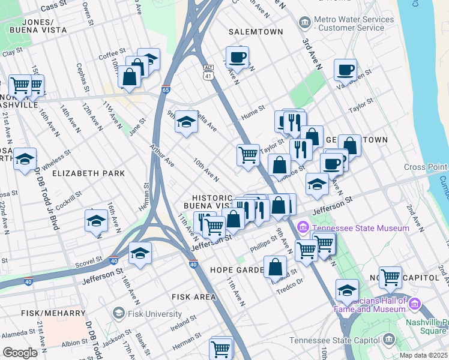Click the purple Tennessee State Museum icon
point(302,228)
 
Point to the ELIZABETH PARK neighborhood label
point(88,173)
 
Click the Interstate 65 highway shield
point(166,89)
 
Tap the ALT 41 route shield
point(208,72)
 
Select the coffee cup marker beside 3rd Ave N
point(345,70)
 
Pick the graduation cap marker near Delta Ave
point(187,122)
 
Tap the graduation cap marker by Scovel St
point(140,253)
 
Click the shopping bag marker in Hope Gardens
point(275,266)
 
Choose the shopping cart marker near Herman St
point(221,347)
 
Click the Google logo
point(20,353)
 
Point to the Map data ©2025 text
point(423,355)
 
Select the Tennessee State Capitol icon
point(390,341)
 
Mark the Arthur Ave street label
point(162,155)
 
